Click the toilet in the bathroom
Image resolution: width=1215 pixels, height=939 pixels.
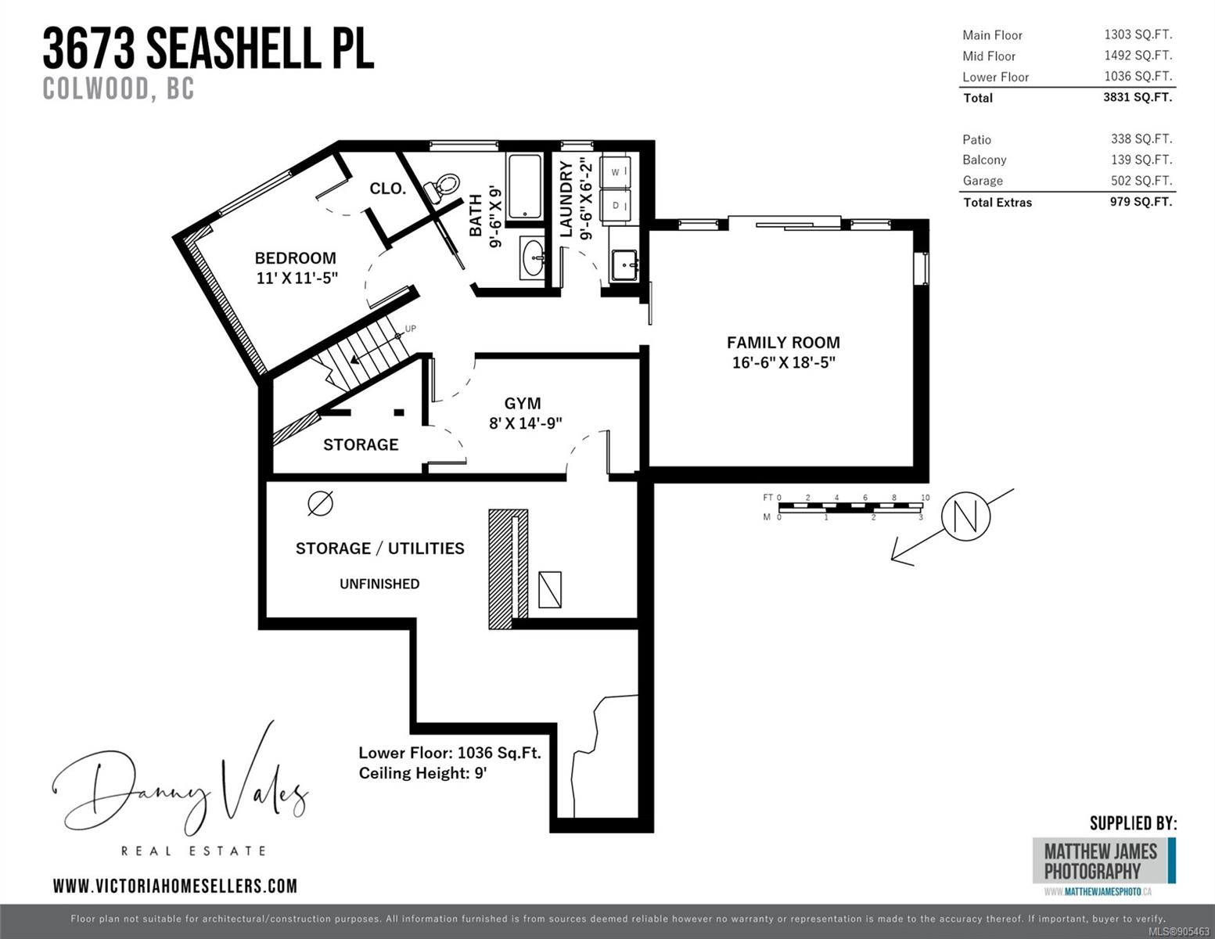(442, 188)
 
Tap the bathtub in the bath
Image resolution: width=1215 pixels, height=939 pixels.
(524, 186)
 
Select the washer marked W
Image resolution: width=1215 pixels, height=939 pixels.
(615, 171)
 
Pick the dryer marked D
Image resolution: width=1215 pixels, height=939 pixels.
(615, 206)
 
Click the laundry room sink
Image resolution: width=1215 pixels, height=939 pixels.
(624, 265)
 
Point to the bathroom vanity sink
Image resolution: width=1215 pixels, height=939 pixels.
(532, 257)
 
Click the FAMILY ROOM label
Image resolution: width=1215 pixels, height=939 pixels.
(783, 342)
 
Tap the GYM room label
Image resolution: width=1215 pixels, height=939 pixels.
(523, 403)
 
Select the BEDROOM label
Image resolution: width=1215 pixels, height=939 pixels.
(295, 257)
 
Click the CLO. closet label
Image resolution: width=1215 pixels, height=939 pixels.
(387, 189)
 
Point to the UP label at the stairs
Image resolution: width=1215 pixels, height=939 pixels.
(411, 329)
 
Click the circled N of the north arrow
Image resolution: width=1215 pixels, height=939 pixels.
(965, 516)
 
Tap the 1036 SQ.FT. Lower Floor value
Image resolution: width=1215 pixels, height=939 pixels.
(1138, 76)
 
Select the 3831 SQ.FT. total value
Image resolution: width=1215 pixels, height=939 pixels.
(1138, 97)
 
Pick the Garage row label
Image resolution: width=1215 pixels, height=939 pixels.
(983, 181)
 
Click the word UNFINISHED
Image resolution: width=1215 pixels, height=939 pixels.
(379, 584)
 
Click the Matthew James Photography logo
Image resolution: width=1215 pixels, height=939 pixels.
(1104, 862)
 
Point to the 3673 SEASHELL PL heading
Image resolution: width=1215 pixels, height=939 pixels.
(208, 49)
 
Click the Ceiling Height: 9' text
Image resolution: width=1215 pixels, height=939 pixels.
(422, 773)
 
